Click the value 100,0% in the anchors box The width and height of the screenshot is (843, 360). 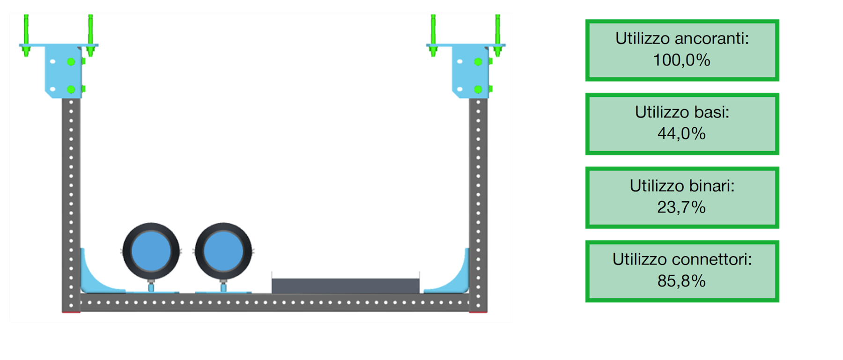tap(681, 60)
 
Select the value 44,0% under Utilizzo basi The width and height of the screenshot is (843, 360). tap(681, 134)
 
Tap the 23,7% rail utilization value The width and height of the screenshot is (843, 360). tap(681, 207)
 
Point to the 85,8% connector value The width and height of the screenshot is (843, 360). tap(681, 281)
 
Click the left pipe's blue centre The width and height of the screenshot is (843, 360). tap(151, 251)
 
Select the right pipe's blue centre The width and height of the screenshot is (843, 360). tap(223, 251)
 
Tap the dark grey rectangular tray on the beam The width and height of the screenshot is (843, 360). tap(346, 286)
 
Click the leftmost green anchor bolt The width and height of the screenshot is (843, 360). tap(26, 36)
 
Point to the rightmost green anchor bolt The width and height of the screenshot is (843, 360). tap(498, 36)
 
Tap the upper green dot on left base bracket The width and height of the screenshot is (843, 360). tap(71, 62)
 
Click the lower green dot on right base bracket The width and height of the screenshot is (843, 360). tap(478, 89)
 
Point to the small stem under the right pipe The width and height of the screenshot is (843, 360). tap(223, 286)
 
